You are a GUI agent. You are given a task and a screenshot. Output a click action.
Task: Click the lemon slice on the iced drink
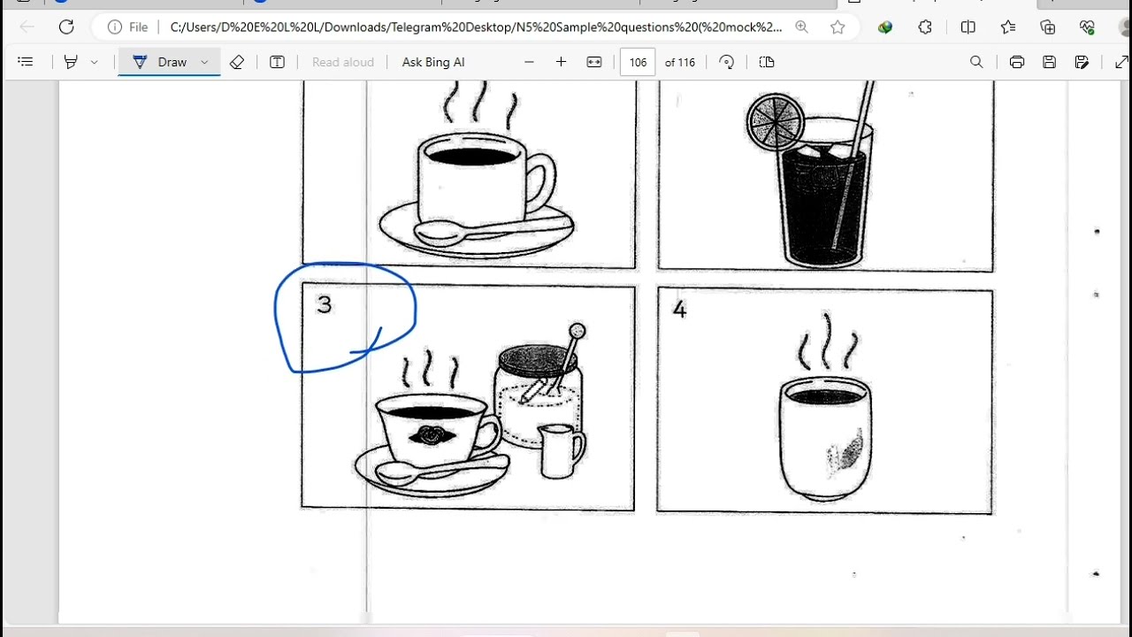[776, 122]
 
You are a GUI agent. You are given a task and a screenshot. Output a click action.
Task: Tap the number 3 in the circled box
[325, 304]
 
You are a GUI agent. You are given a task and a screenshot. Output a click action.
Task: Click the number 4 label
[680, 309]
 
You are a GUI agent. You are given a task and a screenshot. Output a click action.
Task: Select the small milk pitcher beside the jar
[561, 451]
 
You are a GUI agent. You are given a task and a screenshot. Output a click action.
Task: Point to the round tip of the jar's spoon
[577, 331]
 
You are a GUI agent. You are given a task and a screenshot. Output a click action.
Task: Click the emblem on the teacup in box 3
[431, 434]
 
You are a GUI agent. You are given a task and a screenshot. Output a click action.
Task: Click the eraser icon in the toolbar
[236, 62]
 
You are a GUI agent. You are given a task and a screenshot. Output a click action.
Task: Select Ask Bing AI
[433, 62]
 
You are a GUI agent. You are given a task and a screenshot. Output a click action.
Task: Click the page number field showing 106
[638, 62]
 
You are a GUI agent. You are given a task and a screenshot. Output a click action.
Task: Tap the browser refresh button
[66, 27]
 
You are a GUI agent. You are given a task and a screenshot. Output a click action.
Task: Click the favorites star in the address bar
[838, 27]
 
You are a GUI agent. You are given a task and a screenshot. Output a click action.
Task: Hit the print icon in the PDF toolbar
[1016, 62]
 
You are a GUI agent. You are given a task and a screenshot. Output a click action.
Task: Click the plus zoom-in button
[561, 62]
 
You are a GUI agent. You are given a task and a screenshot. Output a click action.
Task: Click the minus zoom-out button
[529, 62]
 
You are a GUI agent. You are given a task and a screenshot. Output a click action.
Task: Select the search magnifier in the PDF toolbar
[976, 62]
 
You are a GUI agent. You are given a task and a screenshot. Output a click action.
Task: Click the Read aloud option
[342, 62]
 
